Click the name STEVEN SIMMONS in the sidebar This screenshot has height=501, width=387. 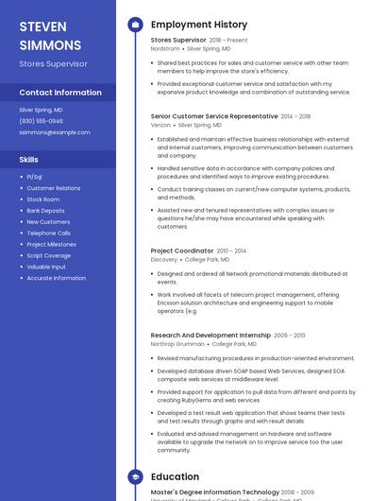49,35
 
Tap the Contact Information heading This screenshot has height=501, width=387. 60,93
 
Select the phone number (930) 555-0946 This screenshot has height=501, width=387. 42,121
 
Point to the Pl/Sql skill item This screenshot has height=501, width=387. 35,177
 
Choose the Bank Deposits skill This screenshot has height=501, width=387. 45,211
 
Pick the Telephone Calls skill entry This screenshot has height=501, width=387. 48,233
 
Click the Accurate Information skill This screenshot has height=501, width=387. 56,278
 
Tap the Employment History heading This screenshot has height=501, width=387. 199,25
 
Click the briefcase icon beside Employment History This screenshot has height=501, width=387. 134,25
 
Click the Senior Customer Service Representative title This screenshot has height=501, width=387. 214,116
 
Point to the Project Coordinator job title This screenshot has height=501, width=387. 182,250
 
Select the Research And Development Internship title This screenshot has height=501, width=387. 210,336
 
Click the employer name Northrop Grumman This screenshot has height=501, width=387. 177,344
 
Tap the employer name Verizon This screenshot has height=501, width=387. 160,125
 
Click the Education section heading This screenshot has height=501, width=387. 175,477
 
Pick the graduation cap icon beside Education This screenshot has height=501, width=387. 134,477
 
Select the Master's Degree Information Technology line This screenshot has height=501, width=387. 214,492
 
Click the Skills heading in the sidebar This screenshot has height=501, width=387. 29,160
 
